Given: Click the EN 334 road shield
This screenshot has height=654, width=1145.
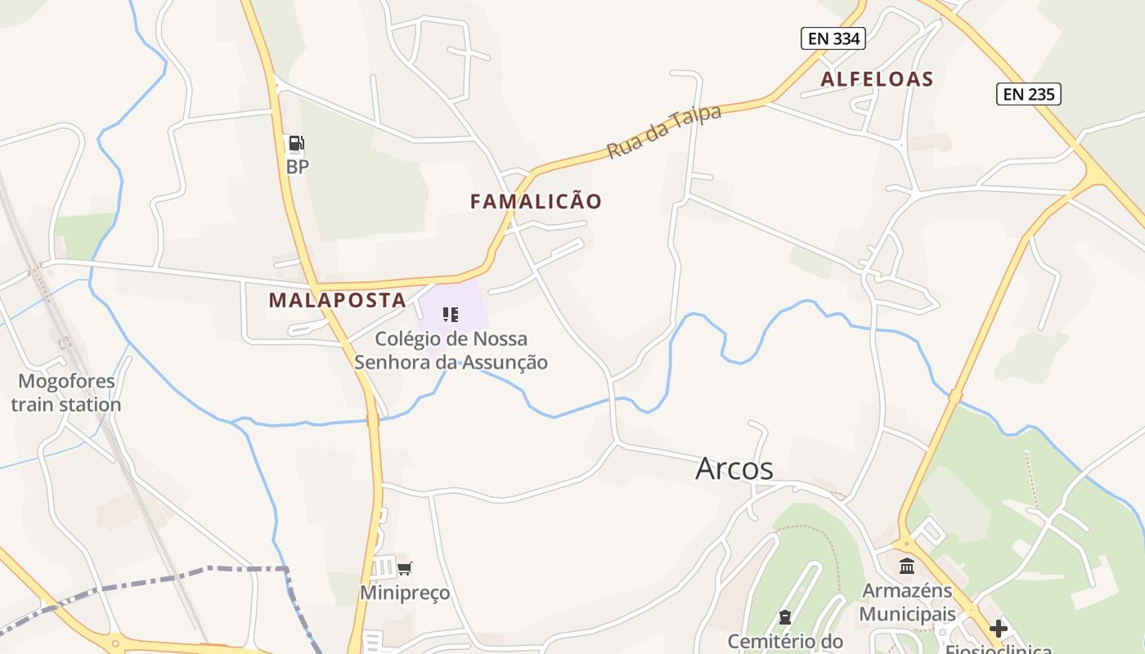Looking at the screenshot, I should (833, 38).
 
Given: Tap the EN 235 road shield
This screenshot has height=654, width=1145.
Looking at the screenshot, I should (1028, 94).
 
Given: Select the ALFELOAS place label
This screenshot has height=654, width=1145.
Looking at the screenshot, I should (877, 79).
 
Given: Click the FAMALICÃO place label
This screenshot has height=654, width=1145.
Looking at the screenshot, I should (536, 201).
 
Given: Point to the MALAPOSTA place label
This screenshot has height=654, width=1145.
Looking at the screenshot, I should (337, 300).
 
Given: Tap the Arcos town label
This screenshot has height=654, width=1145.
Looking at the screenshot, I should (734, 468).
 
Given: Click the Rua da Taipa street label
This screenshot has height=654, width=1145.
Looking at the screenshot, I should (664, 132).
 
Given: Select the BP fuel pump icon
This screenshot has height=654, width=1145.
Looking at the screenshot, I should (296, 145).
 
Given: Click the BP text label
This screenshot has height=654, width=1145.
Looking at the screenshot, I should (298, 167).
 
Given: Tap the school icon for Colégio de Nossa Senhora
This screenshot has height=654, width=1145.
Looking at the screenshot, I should (450, 315).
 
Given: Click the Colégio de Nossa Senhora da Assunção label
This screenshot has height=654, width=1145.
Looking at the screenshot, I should (451, 350).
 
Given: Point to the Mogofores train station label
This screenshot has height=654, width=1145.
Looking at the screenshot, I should (66, 392).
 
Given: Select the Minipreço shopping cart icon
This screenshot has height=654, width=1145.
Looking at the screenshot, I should (404, 568).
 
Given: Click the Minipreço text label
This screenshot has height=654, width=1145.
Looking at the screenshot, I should (405, 593).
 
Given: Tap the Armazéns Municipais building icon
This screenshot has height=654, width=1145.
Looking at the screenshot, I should (907, 566).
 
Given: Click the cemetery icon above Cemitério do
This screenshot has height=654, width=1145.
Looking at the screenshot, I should (785, 617).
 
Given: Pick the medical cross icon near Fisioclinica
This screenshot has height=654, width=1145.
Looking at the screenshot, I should (999, 629).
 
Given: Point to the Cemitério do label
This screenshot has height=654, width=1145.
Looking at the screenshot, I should (784, 641).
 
